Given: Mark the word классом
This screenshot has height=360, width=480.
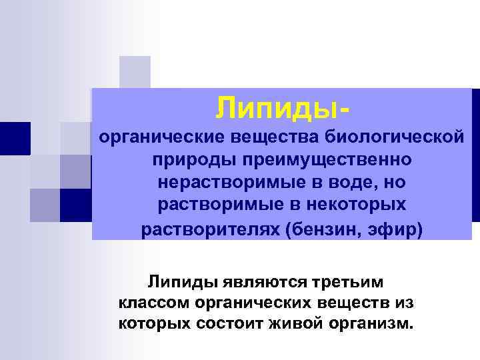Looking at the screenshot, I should [x=154, y=303].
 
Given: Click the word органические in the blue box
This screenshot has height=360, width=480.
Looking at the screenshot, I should [x=164, y=138].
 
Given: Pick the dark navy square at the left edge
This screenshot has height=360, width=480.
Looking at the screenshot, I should [x=15, y=139].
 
